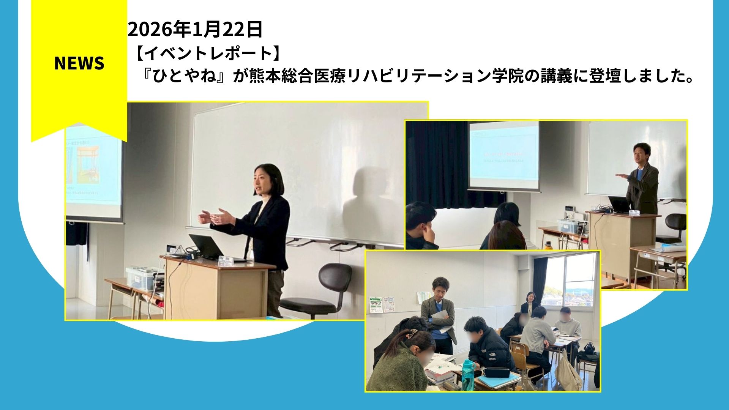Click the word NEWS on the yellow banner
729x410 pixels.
click(x=79, y=63)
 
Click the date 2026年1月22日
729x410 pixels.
click(x=195, y=30)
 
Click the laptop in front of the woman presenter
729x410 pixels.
click(x=207, y=247)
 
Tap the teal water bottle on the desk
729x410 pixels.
click(x=468, y=374)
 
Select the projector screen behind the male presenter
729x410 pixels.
click(x=504, y=156)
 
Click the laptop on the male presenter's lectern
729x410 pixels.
click(x=619, y=205)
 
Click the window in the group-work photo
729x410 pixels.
click(x=570, y=279)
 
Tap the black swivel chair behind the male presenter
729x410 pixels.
click(x=676, y=228)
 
